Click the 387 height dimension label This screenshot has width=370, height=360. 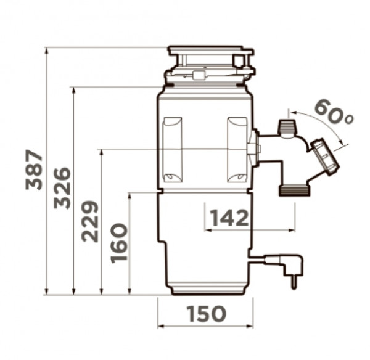coord(34,170)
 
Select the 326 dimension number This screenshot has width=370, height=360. coord(62,188)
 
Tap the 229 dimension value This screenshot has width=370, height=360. coord(89,221)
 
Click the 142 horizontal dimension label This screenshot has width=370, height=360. coord(229,218)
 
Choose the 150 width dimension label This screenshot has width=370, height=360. coord(207,314)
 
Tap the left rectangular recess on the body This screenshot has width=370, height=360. coord(173,150)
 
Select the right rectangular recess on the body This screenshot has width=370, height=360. coord(237,150)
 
